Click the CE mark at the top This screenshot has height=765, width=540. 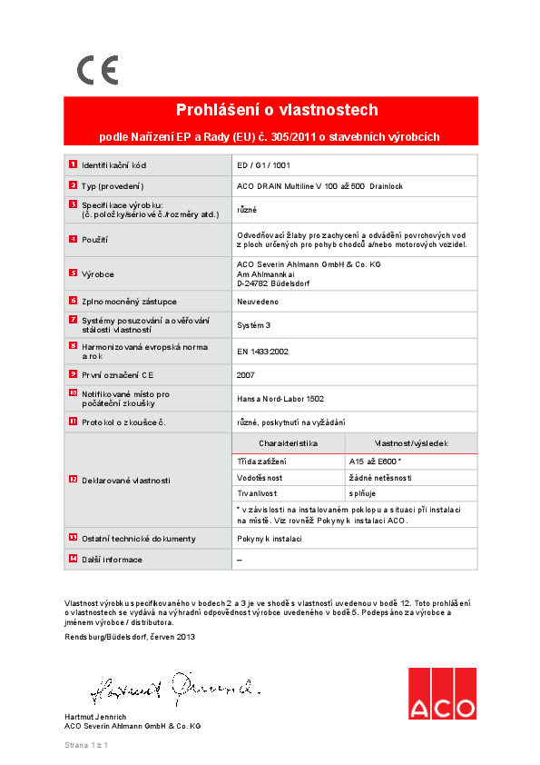pos(97,70)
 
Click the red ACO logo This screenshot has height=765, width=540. pos(441,694)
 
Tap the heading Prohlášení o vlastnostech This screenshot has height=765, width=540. pos(270,110)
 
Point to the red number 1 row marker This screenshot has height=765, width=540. pos(73,165)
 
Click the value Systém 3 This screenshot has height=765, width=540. pos(253,324)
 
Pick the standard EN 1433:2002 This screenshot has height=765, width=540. pos(262,351)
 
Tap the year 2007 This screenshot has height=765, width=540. pos(245,373)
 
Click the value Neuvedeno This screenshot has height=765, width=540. pos(258,301)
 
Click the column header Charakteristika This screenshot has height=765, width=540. pos(288,443)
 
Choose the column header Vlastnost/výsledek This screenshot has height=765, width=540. pos(410,443)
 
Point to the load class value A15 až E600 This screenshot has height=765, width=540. pos(376,462)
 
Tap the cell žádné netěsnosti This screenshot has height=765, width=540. pos(380,477)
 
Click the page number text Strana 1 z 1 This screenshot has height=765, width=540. pos(86,745)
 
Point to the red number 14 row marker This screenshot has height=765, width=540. pos(73,559)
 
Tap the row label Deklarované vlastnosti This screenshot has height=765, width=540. pos(125,479)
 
